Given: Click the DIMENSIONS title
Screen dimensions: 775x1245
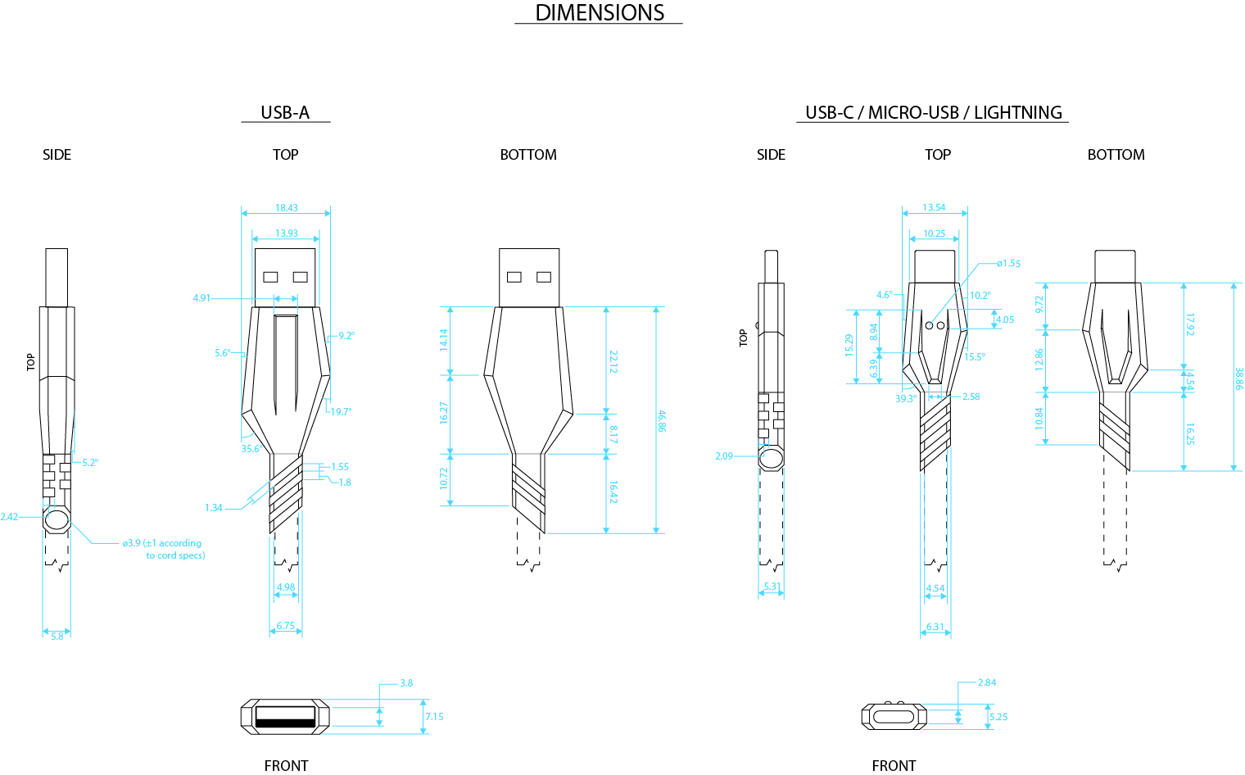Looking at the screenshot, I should point(600,13).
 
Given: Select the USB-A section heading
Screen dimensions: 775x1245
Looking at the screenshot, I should point(285,113).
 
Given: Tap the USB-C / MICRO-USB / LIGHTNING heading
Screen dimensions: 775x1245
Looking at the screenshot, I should point(933,113).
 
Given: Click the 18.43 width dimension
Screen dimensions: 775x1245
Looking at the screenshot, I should point(287,208).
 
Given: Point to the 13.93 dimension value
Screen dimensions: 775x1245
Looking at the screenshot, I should point(287,233).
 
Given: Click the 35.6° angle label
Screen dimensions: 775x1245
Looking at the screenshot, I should point(251,449).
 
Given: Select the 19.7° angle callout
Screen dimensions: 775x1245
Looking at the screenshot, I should point(341,412).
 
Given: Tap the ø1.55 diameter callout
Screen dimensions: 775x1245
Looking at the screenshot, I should point(1009,264).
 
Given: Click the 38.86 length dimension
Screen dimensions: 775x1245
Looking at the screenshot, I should point(1238,378).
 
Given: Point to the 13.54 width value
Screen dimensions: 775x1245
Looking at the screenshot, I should point(934,208).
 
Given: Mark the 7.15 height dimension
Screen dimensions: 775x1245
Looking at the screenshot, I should point(434,717).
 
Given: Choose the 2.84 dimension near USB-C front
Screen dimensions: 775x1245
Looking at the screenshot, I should point(987,682).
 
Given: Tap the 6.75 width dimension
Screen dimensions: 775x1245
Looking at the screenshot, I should point(286,626).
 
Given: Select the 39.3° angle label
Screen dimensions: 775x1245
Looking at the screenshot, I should point(905,399).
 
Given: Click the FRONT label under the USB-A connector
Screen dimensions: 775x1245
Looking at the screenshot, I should point(286,766).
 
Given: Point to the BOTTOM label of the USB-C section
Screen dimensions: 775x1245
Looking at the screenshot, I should point(1116,155).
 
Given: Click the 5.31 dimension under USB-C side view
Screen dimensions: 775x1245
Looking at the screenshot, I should point(772,587).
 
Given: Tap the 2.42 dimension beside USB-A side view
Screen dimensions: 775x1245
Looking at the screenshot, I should point(9,517).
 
